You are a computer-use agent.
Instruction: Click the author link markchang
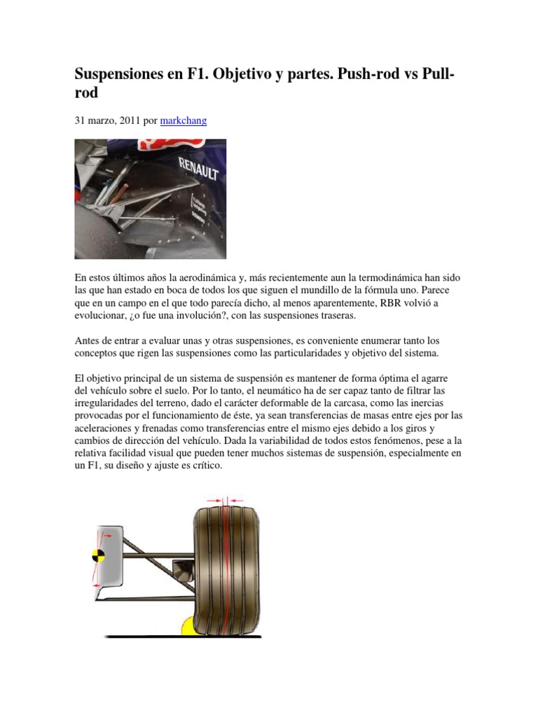coord(184,120)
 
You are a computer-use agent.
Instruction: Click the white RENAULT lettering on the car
coord(198,168)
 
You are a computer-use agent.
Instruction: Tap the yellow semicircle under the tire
coord(188,626)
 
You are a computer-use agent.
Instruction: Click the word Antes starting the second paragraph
coord(88,340)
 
